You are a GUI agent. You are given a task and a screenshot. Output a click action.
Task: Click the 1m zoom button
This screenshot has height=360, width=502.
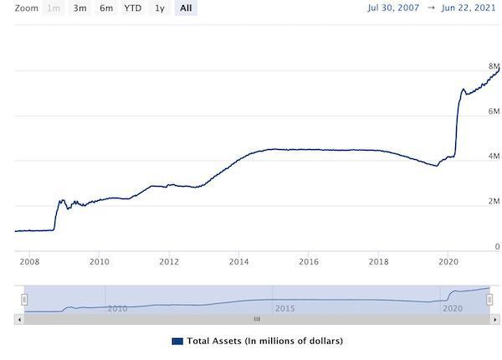tap(53, 8)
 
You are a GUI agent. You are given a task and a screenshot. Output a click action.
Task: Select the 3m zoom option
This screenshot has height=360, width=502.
tap(79, 8)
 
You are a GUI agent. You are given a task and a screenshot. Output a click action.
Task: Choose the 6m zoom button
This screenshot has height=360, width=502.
tap(106, 8)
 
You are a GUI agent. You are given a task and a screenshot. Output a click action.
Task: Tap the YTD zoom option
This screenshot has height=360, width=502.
tap(132, 8)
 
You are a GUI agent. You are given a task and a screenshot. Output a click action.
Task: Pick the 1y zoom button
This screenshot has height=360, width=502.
tap(159, 8)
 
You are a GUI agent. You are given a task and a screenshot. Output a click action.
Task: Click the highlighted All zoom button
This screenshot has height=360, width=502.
tap(185, 8)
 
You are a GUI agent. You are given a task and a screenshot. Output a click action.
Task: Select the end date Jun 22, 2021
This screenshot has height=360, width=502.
tap(468, 8)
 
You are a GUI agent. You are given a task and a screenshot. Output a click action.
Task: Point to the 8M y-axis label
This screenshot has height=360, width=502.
tap(494, 66)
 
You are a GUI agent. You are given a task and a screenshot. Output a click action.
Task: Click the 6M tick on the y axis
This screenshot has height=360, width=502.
tap(494, 111)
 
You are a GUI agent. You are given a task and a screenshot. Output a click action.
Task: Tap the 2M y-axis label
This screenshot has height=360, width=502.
tap(494, 202)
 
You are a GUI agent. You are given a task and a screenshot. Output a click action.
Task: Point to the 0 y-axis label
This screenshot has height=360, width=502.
tap(497, 247)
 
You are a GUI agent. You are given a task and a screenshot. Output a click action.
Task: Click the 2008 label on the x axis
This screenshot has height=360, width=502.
tap(29, 261)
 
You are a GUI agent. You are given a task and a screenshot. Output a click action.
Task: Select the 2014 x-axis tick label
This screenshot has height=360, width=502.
tap(238, 261)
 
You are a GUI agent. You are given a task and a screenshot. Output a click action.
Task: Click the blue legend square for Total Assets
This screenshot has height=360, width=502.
tap(177, 341)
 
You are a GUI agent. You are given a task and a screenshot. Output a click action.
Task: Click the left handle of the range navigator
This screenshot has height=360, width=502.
tap(25, 299)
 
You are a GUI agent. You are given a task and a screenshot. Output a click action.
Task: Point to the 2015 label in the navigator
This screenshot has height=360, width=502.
tap(284, 308)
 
